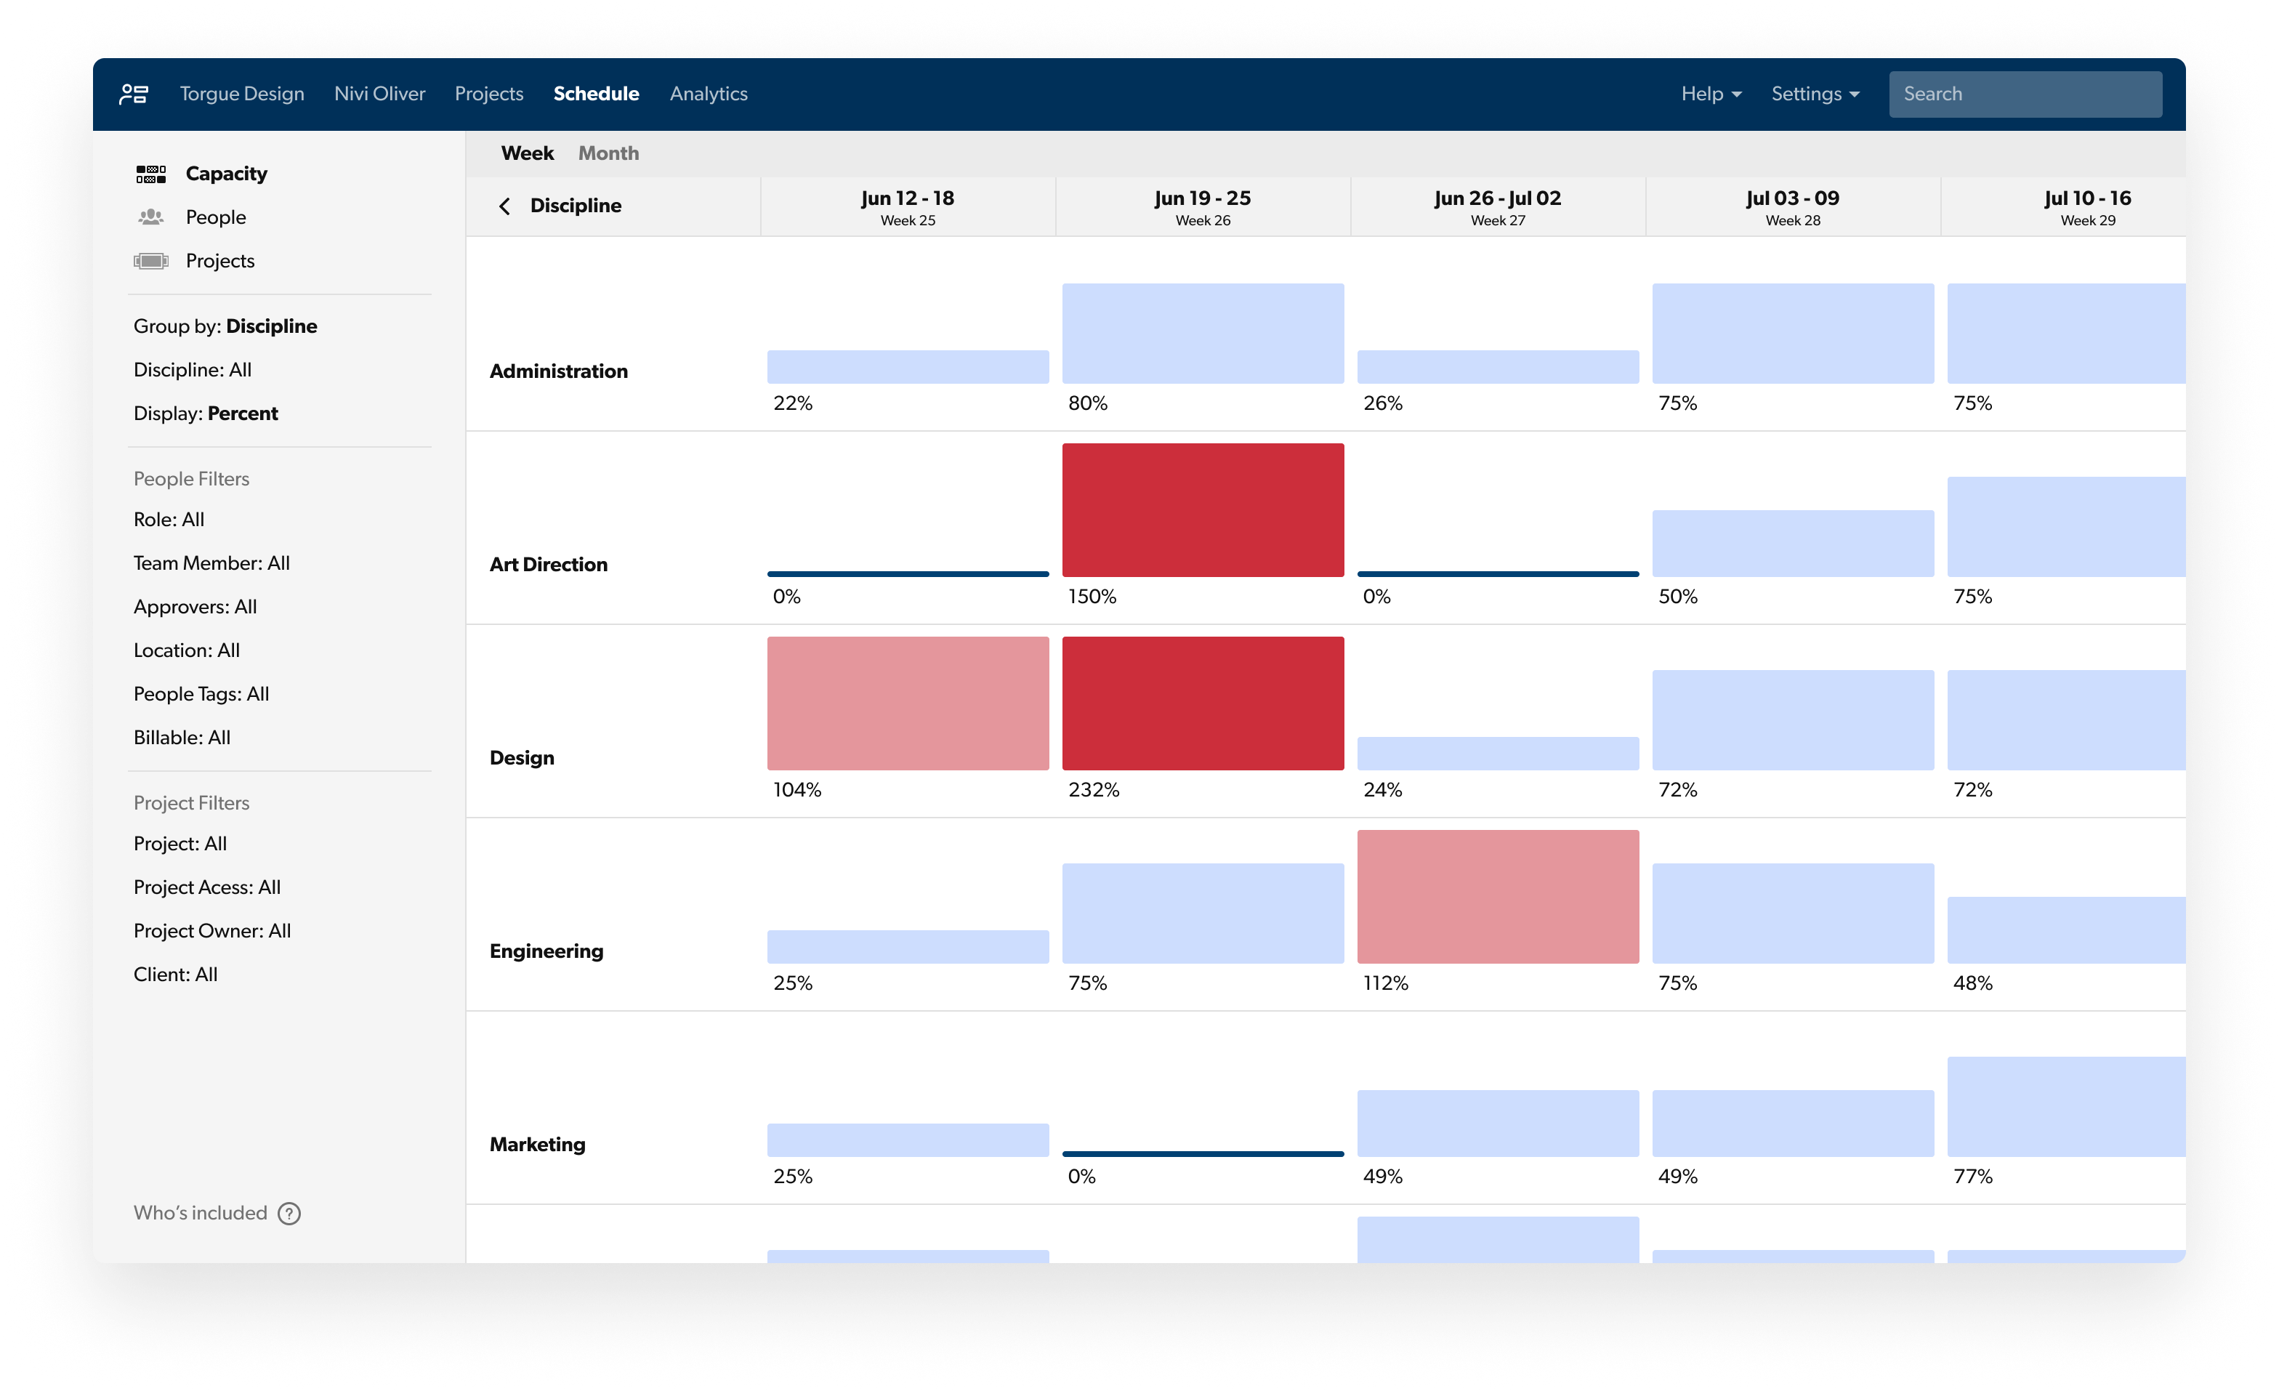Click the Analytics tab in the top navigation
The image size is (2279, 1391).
click(x=709, y=94)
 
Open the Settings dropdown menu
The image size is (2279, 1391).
click(x=1815, y=94)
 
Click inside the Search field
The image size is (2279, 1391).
click(x=2025, y=94)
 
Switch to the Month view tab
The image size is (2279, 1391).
click(x=608, y=153)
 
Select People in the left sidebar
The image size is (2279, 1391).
click(x=216, y=217)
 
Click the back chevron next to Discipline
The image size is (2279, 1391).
click(x=504, y=206)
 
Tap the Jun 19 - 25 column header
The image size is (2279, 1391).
click(x=1203, y=206)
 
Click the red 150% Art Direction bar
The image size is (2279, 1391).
click(x=1203, y=509)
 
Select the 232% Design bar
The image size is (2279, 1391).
click(x=1203, y=703)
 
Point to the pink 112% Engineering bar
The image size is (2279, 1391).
click(x=1498, y=896)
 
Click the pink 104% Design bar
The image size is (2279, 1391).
click(x=908, y=703)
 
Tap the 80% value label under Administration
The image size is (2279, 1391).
click(x=1088, y=403)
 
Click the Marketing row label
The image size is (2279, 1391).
click(x=537, y=1144)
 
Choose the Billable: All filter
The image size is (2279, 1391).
click(x=182, y=737)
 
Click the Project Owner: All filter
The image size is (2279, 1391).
click(x=211, y=930)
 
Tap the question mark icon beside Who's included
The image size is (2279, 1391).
click(x=289, y=1214)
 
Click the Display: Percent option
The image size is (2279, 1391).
click(x=206, y=414)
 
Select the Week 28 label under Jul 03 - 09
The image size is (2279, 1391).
click(x=1793, y=220)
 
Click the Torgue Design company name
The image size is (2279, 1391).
click(x=241, y=94)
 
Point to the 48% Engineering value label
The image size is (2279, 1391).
click(x=1973, y=983)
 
